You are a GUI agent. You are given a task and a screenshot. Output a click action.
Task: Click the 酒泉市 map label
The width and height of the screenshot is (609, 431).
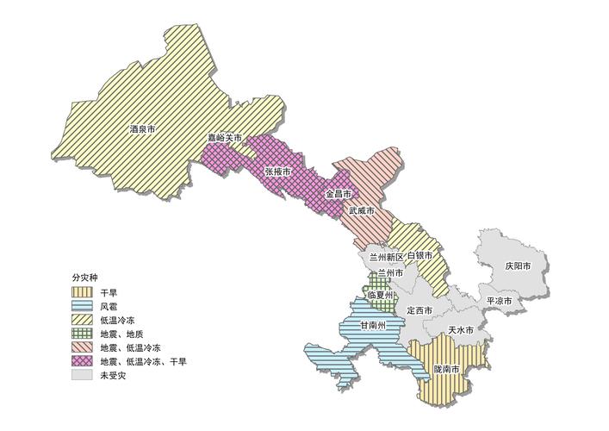(143, 129)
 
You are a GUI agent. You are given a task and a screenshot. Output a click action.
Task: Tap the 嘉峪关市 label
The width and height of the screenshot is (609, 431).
(224, 138)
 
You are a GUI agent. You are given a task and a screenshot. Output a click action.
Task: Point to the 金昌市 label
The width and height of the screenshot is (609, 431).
(338, 194)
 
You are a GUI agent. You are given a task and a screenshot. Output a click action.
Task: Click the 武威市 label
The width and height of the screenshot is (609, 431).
(362, 210)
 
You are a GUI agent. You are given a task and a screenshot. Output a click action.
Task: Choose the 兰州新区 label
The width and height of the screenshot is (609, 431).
(380, 257)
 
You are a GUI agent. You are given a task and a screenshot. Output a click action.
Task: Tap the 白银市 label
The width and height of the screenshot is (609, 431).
(419, 257)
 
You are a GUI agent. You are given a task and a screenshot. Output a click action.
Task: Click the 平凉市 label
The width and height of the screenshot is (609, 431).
(500, 301)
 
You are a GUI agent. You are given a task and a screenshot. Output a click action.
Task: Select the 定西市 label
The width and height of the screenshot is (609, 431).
(419, 310)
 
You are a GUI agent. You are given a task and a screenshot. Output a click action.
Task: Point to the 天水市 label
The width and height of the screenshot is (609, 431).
(462, 330)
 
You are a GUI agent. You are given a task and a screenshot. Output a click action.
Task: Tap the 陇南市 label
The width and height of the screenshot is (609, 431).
(449, 369)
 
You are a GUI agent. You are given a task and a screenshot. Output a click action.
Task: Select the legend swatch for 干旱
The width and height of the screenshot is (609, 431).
(84, 292)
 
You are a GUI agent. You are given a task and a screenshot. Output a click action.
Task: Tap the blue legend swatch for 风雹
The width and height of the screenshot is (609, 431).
(84, 306)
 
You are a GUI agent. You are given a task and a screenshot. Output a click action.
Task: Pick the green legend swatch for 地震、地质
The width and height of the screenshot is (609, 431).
(84, 334)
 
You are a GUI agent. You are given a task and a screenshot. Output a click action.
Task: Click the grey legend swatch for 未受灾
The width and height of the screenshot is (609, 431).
(84, 376)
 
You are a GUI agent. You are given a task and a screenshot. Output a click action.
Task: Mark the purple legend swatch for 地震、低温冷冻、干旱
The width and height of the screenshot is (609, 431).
(84, 361)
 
